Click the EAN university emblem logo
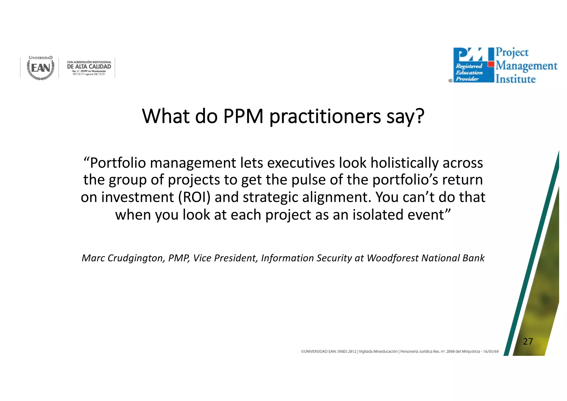pyautogui.click(x=41, y=68)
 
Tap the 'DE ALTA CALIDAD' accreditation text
pyautogui.click(x=89, y=66)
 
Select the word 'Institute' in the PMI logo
pyautogui.click(x=516, y=79)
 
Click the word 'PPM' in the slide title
pyautogui.click(x=243, y=116)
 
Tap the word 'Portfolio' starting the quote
pyautogui.click(x=118, y=163)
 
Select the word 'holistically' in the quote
pyautogui.click(x=404, y=163)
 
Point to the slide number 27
pyautogui.click(x=528, y=341)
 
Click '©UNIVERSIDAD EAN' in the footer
pyautogui.click(x=318, y=351)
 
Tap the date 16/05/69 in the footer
pyautogui.click(x=491, y=351)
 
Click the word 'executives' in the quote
pyautogui.click(x=301, y=163)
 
